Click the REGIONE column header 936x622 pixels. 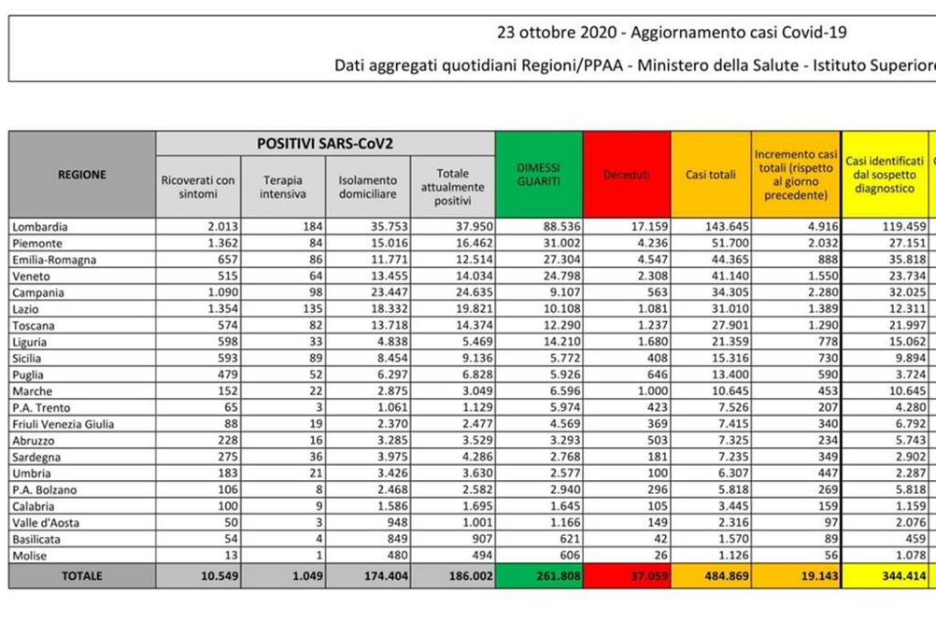point(82,174)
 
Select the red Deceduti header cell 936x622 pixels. point(626,175)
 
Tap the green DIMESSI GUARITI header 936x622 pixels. point(538,175)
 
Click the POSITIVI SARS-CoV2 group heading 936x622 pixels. point(325,143)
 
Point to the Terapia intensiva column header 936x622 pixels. point(283,187)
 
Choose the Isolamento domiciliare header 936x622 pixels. point(367,187)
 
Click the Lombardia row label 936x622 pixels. point(40,226)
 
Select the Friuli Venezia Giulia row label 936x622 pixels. point(64,425)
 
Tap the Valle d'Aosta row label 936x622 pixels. point(45,523)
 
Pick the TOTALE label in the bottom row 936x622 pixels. point(82,577)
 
